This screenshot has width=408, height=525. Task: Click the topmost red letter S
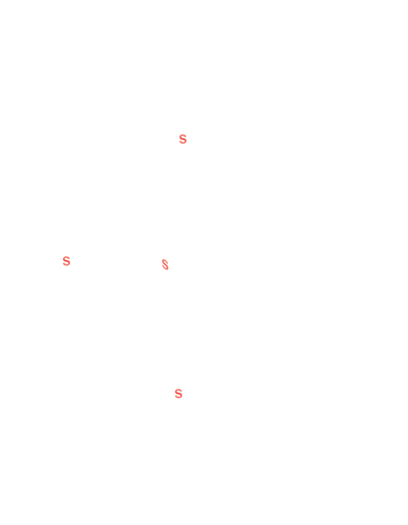point(183,139)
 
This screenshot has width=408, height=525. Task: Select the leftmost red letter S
point(66,261)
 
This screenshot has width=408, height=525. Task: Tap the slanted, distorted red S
point(165,264)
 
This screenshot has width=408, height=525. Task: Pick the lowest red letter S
point(178,393)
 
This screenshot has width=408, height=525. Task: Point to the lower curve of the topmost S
point(183,143)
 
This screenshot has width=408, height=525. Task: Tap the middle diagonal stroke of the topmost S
point(183,139)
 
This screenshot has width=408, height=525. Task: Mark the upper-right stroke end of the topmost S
point(185,137)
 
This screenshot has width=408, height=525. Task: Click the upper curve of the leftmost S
point(66,257)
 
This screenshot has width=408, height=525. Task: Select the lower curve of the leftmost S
point(66,265)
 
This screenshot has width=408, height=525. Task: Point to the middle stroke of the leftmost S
point(66,261)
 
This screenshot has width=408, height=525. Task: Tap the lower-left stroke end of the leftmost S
point(63,263)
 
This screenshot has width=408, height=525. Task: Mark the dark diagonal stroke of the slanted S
point(165,264)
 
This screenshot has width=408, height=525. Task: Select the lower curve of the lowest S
point(179,397)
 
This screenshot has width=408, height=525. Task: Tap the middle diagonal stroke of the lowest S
point(178,393)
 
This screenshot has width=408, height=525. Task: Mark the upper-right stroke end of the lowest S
point(181,391)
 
